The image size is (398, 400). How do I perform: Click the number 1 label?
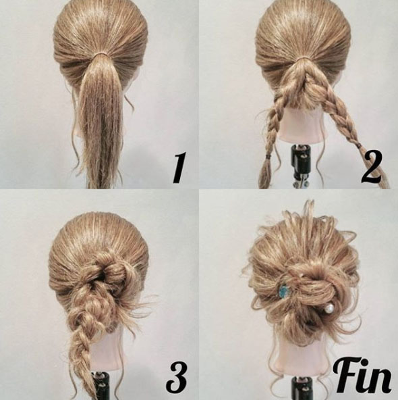click(x=179, y=168)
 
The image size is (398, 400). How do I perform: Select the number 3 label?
click(x=177, y=377)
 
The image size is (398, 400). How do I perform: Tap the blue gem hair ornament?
click(x=283, y=291)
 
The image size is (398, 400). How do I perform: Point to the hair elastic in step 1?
click(x=102, y=55)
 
